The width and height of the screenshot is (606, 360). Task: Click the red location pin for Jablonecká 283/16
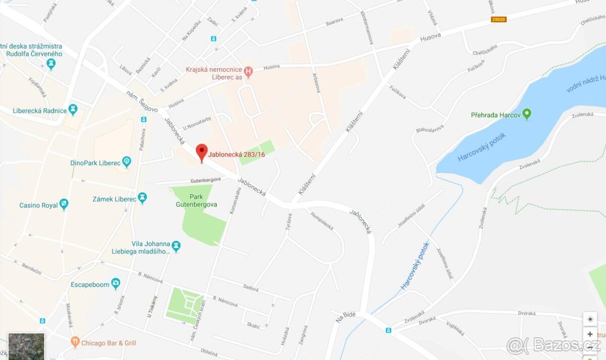pyautogui.click(x=201, y=152)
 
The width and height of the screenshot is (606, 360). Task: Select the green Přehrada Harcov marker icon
pyautogui.click(x=527, y=114)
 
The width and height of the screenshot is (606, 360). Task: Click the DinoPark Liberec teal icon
pyautogui.click(x=126, y=162)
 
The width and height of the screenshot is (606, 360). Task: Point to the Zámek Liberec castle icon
pyautogui.click(x=142, y=198)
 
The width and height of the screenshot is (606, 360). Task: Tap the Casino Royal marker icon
pyautogui.click(x=64, y=204)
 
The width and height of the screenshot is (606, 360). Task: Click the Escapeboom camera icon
pyautogui.click(x=116, y=283)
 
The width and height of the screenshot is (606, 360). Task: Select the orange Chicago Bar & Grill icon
pyautogui.click(x=75, y=342)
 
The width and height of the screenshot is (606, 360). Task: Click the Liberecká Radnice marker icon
pyautogui.click(x=73, y=110)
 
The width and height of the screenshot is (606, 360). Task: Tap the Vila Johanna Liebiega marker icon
pyautogui.click(x=176, y=246)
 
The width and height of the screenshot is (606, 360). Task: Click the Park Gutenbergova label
pyautogui.click(x=189, y=200)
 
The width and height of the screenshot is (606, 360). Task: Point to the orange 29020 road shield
pyautogui.click(x=498, y=20)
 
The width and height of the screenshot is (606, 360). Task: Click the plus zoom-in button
pyautogui.click(x=590, y=334)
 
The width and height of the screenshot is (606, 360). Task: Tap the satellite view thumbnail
pyautogui.click(x=26, y=346)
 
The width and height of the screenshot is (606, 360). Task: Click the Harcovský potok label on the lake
pyautogui.click(x=481, y=147)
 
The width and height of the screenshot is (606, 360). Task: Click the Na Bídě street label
pyautogui.click(x=345, y=317)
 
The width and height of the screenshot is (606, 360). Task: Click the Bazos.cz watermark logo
pyautogui.click(x=553, y=345)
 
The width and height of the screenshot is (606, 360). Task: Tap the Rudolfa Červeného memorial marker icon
pyautogui.click(x=50, y=64)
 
